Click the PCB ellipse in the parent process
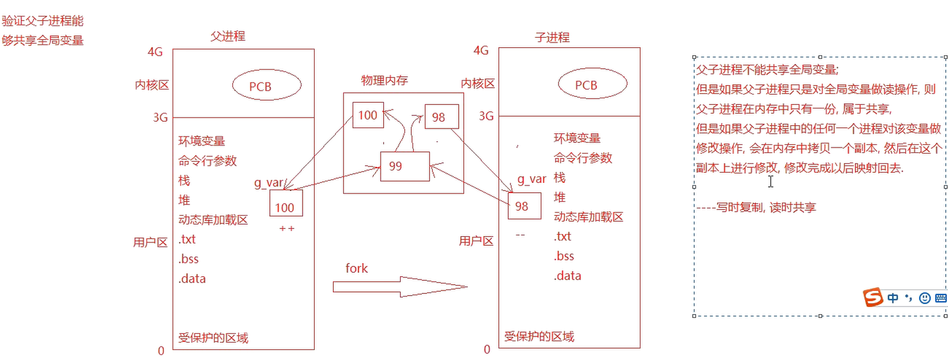266,86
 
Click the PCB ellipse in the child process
593,85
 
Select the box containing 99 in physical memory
405,166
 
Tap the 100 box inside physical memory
368,115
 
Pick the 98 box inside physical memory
442,117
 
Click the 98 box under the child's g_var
524,206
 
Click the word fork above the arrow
357,269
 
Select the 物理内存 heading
384,81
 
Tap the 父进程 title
228,36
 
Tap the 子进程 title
552,37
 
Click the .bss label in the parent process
189,259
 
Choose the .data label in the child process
568,276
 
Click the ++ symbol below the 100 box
287,229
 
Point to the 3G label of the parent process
160,117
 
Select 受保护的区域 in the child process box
539,337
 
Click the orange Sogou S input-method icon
872,297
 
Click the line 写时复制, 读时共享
765,208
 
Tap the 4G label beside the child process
481,51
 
